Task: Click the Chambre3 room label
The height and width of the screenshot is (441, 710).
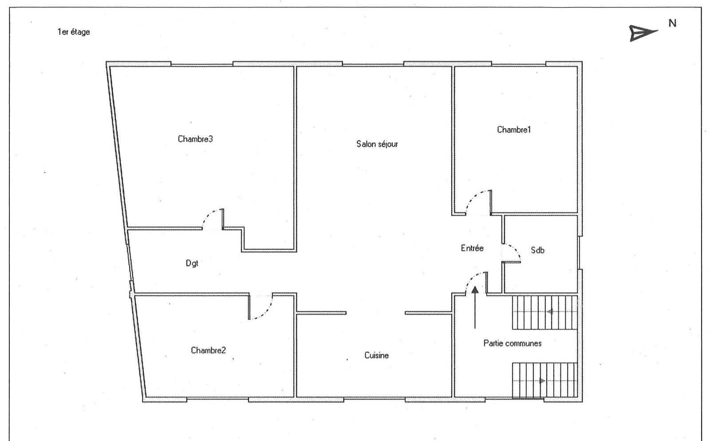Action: [195, 139]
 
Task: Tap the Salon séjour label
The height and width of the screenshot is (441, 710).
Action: [377, 144]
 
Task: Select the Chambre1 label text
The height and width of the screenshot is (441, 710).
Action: [514, 130]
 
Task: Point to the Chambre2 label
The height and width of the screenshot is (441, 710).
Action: [208, 350]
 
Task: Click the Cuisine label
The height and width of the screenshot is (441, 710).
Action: [377, 355]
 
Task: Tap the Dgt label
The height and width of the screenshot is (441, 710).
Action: [192, 263]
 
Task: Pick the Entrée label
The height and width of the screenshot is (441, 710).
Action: [472, 248]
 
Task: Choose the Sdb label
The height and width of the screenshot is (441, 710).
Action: [537, 250]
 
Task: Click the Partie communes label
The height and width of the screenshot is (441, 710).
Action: [513, 343]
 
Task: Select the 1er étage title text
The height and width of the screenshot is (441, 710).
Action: [74, 32]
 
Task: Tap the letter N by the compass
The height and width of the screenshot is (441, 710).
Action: [673, 23]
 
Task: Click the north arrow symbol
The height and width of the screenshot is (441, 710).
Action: [643, 33]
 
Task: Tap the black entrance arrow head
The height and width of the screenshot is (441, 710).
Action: [475, 290]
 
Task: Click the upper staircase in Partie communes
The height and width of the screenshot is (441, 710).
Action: [545, 312]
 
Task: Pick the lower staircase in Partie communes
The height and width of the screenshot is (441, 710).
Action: [545, 380]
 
